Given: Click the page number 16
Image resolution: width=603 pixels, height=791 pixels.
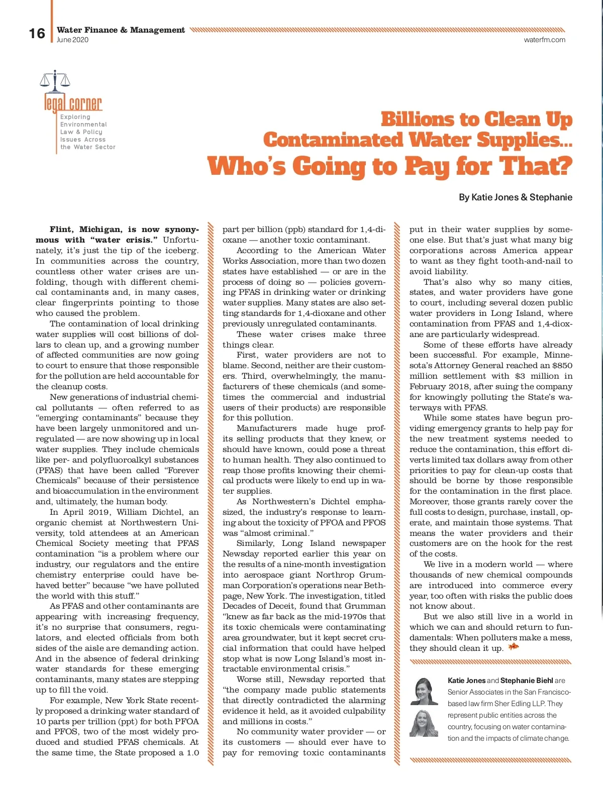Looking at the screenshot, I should [x=37, y=34].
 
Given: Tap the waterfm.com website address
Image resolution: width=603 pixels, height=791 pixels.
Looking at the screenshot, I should [x=544, y=40].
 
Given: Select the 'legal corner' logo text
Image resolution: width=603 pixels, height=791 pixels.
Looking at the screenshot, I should [x=73, y=103].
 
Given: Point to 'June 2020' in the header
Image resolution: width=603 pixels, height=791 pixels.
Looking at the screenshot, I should [x=72, y=40].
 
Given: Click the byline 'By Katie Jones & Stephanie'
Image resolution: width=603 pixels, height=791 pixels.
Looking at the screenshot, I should [x=515, y=197].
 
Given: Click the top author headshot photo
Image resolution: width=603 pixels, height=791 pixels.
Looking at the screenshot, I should [x=424, y=691].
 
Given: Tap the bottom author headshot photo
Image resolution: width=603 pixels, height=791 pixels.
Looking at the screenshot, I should [x=424, y=723].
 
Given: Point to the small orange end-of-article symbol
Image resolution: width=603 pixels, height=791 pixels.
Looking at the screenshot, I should [x=513, y=647].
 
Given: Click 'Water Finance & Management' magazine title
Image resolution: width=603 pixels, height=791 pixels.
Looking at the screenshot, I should [x=121, y=30].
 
